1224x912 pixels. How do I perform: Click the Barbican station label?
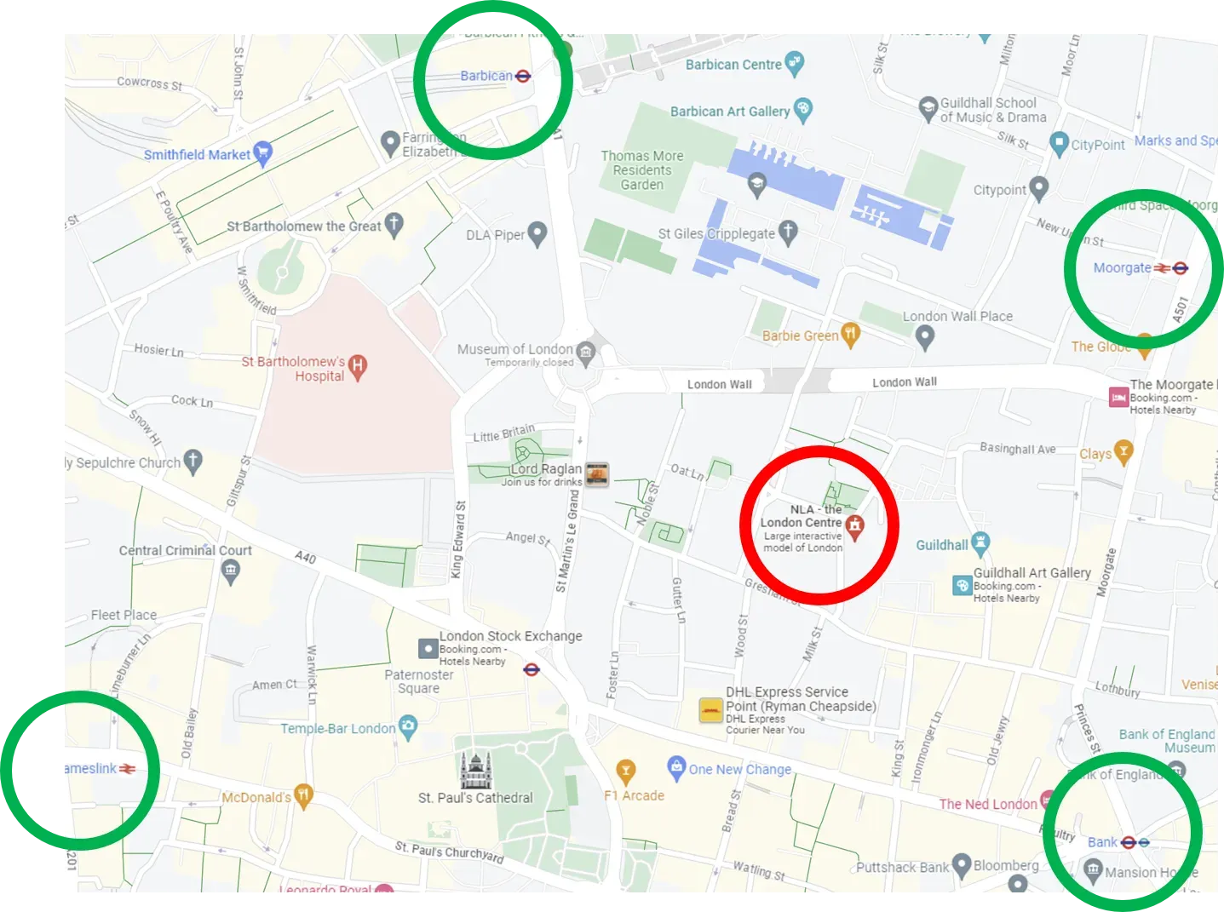486,76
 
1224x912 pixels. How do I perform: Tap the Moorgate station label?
1122,268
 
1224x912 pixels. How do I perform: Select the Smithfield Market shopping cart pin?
263,152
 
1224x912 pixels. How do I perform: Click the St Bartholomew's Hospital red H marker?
358,366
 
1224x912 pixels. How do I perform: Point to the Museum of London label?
514,349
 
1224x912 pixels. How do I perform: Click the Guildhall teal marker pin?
980,542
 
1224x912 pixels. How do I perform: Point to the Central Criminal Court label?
185,551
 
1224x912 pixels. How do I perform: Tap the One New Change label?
739,770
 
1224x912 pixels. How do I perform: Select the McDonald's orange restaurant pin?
303,795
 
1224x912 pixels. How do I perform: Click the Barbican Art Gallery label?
729,112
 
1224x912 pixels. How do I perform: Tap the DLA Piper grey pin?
537,232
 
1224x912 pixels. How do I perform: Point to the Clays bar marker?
1123,452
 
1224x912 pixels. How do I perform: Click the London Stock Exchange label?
510,636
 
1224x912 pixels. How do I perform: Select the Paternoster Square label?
418,681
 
